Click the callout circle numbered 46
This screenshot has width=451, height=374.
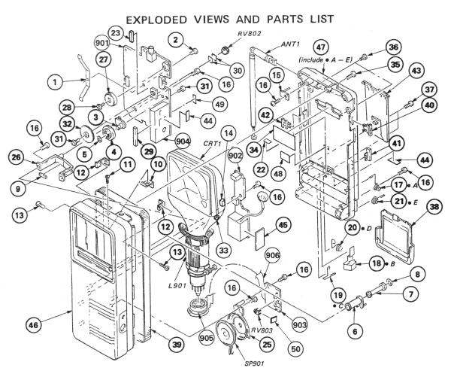[x=33, y=325]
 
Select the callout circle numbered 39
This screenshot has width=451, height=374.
[x=177, y=345]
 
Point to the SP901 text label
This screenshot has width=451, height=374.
[x=254, y=363]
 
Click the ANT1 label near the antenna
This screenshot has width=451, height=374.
[x=290, y=44]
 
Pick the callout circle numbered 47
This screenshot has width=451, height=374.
[x=321, y=47]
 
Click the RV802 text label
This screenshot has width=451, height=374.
[x=250, y=34]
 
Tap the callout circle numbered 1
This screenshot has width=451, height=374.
[x=55, y=83]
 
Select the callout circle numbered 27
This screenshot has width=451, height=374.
[x=104, y=59]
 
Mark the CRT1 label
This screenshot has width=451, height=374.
[x=211, y=143]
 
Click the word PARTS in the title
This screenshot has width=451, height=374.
[x=285, y=20]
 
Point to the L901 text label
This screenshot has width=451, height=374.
[x=177, y=287]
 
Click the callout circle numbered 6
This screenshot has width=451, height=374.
[x=355, y=331]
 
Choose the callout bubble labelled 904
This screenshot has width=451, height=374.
[x=183, y=141]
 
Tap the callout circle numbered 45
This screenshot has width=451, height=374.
[x=283, y=225]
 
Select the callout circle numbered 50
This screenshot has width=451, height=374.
[x=295, y=348]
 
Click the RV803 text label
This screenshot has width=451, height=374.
[x=261, y=330]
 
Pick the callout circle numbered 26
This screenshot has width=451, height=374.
[x=17, y=157]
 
